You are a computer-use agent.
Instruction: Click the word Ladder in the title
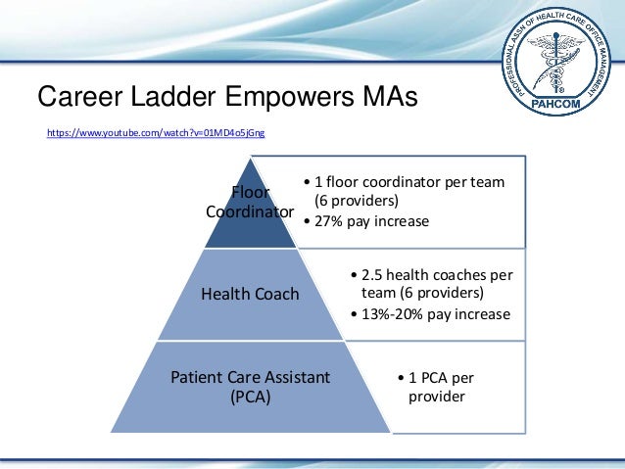coord(168,98)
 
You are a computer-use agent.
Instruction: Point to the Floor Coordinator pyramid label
coord(250,202)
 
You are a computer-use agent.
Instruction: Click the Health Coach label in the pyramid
coord(250,294)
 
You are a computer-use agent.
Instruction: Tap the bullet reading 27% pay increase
coord(371,221)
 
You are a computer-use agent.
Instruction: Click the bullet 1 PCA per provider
coord(441,388)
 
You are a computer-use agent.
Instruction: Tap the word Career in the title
coord(79,98)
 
